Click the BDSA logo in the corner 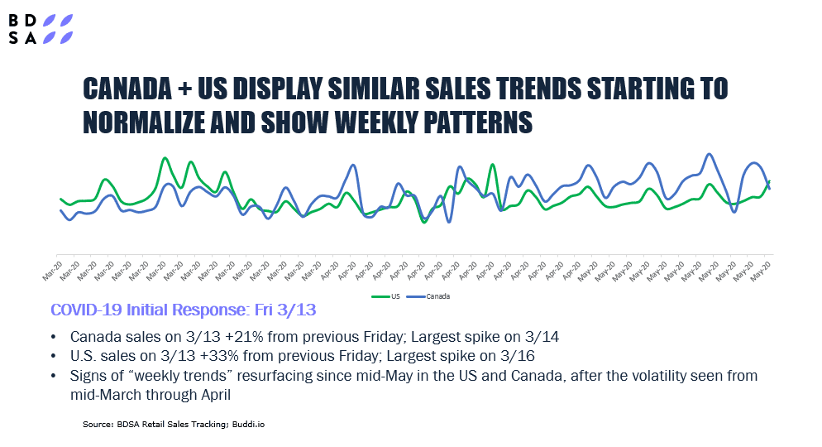tap(41, 29)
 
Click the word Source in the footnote tap(96, 424)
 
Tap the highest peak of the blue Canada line tap(709, 154)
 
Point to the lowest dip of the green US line tap(423, 222)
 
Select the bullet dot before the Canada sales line tap(54, 338)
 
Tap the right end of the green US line tap(770, 181)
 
